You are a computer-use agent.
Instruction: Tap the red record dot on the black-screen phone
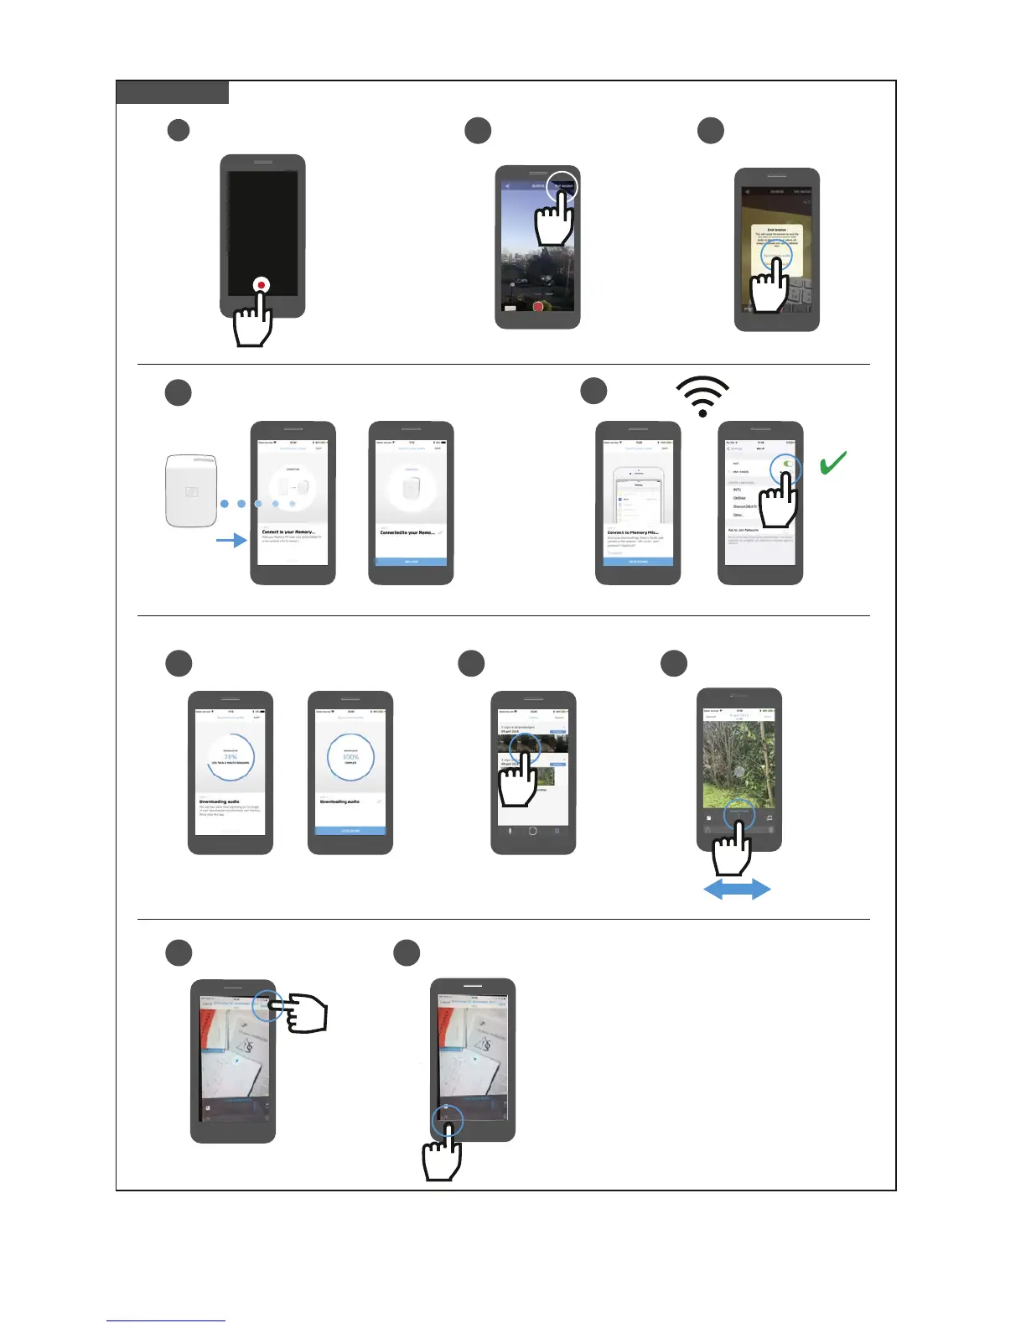click(262, 285)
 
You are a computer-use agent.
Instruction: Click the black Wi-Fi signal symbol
click(702, 396)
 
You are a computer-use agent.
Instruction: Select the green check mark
click(832, 462)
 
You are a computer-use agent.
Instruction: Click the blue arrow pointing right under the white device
click(231, 540)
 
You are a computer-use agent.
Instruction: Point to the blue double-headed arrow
click(737, 890)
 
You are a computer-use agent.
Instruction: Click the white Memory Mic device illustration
click(192, 490)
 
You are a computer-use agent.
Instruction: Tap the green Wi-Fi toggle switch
click(788, 464)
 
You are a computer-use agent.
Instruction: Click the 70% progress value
click(231, 756)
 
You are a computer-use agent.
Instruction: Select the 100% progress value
click(350, 756)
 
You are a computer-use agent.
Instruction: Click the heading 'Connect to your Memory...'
click(288, 532)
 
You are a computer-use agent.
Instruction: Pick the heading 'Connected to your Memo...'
click(407, 532)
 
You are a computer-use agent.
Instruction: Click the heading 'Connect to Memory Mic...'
click(633, 532)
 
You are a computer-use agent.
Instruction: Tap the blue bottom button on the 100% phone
click(350, 830)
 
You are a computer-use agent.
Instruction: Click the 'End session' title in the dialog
click(776, 230)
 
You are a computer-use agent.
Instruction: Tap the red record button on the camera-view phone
click(537, 307)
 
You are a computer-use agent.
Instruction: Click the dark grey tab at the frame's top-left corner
click(172, 92)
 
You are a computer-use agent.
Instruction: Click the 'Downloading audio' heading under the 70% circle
click(220, 801)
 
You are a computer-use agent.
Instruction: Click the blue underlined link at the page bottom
click(166, 1320)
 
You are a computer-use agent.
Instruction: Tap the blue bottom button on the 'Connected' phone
click(411, 561)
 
